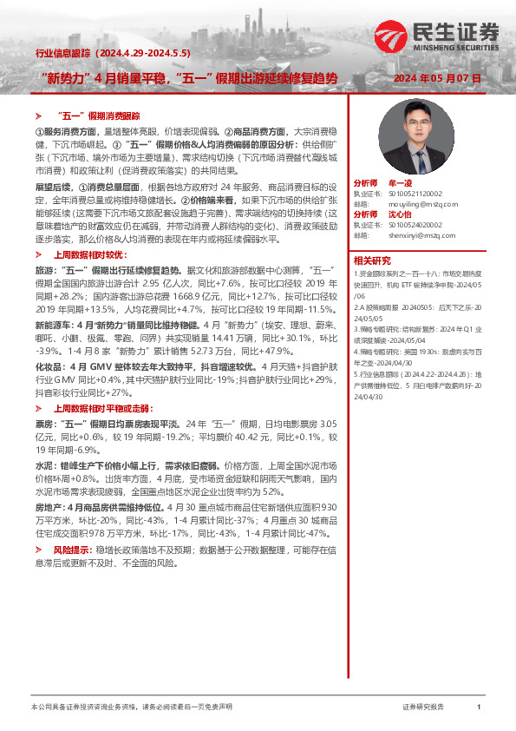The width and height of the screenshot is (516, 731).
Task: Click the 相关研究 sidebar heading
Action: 372,260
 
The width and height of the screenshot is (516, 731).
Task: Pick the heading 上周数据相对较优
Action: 85,255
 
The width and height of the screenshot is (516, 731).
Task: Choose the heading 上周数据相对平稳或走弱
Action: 95,407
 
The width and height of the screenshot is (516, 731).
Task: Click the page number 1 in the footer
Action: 479,708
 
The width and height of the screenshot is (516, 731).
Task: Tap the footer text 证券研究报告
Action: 423,708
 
